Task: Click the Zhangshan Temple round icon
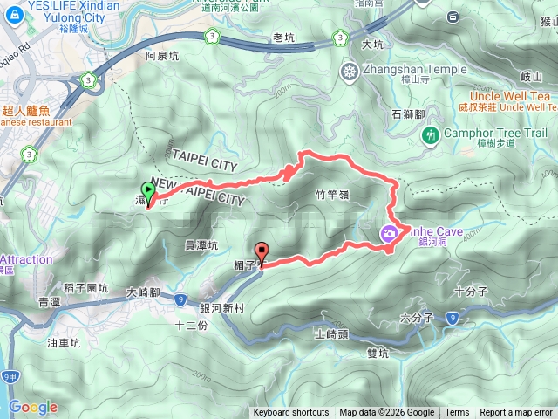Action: [x=350, y=71]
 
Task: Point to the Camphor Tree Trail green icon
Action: [x=429, y=134]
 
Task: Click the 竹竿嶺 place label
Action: [x=331, y=196]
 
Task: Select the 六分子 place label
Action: [x=415, y=319]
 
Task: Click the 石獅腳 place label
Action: [x=408, y=113]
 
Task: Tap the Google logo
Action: [x=33, y=407]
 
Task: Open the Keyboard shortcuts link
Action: [x=291, y=413]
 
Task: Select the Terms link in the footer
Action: [x=457, y=413]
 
